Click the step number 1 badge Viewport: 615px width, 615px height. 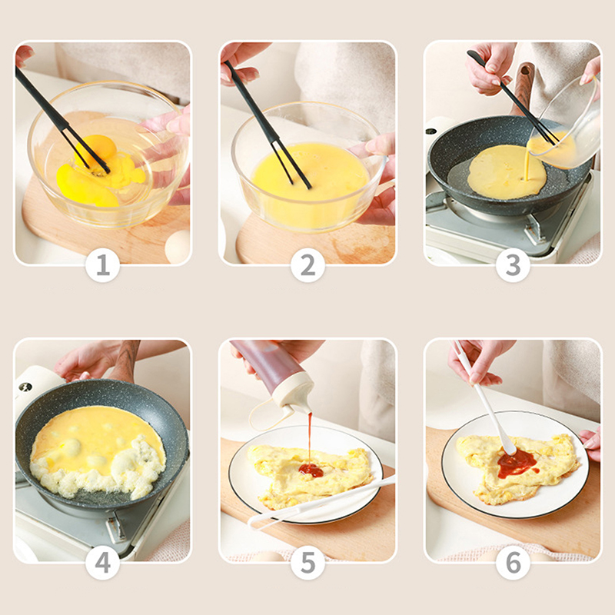pyautogui.click(x=102, y=265)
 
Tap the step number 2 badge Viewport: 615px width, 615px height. pyautogui.click(x=307, y=265)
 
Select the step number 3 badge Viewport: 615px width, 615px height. pyautogui.click(x=513, y=265)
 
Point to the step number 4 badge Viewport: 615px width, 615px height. pyautogui.click(x=102, y=563)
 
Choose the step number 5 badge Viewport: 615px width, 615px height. pyautogui.click(x=307, y=563)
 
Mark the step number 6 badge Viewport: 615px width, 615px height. pyautogui.click(x=513, y=563)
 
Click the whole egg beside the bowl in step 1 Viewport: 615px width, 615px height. pyautogui.click(x=178, y=247)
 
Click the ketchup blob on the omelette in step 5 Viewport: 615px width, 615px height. pyautogui.click(x=311, y=470)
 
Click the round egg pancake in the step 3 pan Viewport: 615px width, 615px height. pyautogui.click(x=507, y=171)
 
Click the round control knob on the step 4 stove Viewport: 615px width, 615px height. pyautogui.click(x=26, y=387)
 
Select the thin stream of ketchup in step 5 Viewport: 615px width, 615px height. pyautogui.click(x=310, y=438)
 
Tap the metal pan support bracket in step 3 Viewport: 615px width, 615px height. pyautogui.click(x=532, y=231)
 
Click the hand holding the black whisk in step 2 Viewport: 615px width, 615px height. pyautogui.click(x=241, y=63)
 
